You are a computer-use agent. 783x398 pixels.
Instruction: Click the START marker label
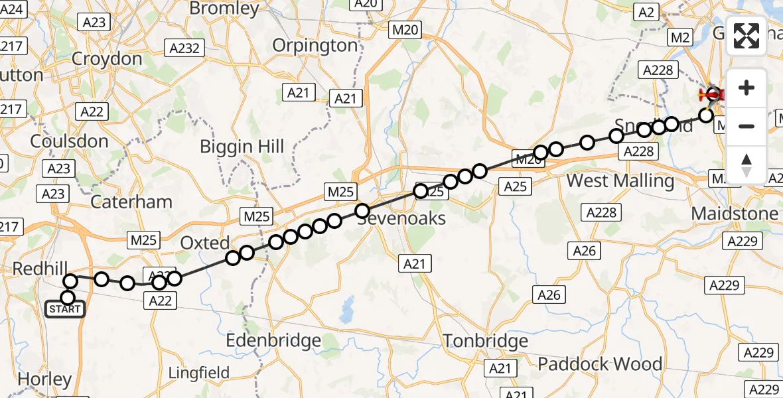click(66, 309)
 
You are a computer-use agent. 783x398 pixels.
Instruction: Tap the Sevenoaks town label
click(400, 218)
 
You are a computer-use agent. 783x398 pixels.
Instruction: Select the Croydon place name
click(107, 59)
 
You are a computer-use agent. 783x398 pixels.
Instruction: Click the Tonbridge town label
click(486, 342)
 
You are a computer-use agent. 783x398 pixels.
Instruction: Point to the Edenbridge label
click(273, 341)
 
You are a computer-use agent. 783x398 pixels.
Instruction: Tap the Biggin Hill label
click(242, 147)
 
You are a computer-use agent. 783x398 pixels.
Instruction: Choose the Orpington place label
click(316, 46)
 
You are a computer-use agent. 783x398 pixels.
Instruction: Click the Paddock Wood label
click(600, 364)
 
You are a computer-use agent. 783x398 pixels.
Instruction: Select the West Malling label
click(620, 180)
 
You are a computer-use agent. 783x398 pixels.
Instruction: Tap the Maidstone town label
click(735, 214)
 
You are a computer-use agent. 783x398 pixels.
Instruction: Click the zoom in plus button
click(747, 88)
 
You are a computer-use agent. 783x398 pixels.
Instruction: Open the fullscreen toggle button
click(747, 36)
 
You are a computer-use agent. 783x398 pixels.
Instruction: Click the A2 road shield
click(646, 11)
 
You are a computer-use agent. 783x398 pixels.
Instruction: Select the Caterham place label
click(131, 202)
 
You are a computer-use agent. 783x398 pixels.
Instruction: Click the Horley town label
click(45, 379)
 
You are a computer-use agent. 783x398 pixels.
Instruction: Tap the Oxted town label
click(205, 243)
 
